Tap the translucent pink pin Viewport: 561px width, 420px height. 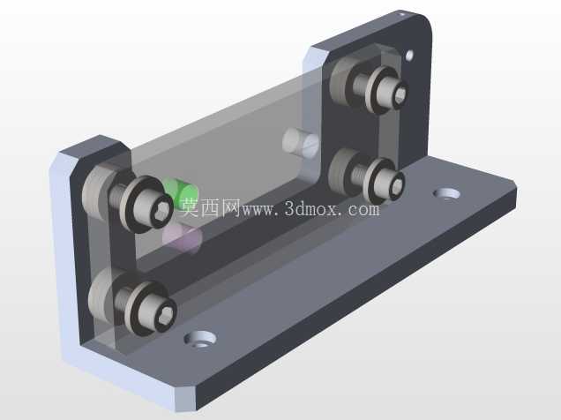tap(182, 238)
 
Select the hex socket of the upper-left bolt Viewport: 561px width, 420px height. tap(161, 214)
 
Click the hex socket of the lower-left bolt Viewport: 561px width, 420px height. tap(168, 315)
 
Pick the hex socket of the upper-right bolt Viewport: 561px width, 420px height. tap(400, 94)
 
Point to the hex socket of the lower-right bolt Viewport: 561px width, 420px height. tap(398, 186)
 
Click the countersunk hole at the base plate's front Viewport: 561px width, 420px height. tap(200, 339)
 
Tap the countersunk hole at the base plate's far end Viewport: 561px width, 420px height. tap(446, 193)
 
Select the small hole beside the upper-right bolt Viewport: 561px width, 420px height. tap(409, 56)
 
